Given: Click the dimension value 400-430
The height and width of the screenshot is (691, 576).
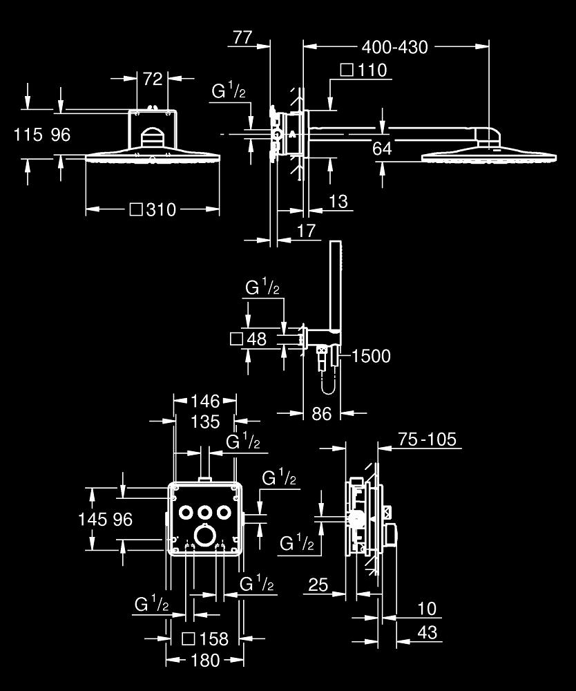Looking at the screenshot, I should pyautogui.click(x=395, y=47).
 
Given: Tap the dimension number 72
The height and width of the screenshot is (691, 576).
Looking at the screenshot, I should pyautogui.click(x=153, y=79).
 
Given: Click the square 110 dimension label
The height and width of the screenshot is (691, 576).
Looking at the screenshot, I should pyautogui.click(x=364, y=70).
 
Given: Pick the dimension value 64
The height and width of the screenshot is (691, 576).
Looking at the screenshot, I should pyautogui.click(x=382, y=148).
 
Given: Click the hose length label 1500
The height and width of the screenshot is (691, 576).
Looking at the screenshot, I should pyautogui.click(x=371, y=356).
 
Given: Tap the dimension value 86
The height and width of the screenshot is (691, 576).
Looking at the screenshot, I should pyautogui.click(x=322, y=413).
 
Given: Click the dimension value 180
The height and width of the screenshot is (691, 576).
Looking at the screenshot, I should pyautogui.click(x=204, y=661).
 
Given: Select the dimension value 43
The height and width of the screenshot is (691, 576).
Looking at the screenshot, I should pyautogui.click(x=428, y=632).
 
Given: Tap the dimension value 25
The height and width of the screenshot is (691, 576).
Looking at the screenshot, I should pyautogui.click(x=318, y=586).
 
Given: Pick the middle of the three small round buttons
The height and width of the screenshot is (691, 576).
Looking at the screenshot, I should pyautogui.click(x=205, y=511).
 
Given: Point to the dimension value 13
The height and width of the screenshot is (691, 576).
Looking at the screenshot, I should pyautogui.click(x=338, y=201).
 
